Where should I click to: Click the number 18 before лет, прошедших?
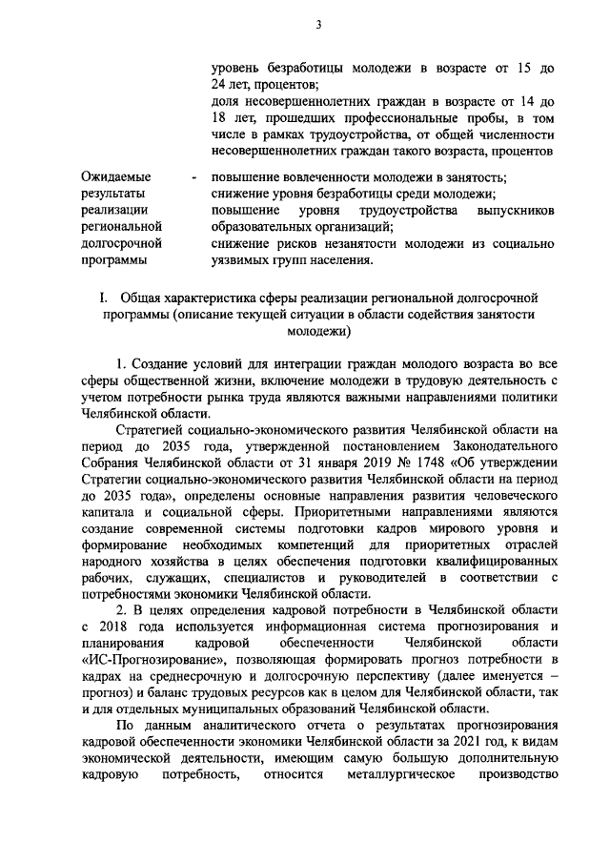coord(218,118)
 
